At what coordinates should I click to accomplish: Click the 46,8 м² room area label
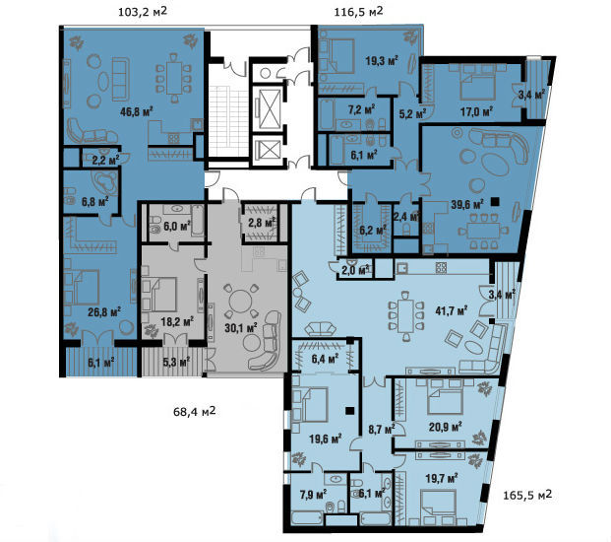tap(136, 112)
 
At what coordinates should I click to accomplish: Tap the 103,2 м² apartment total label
tap(143, 12)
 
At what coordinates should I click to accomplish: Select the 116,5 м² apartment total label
tap(358, 12)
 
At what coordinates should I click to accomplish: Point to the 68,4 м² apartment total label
tap(195, 411)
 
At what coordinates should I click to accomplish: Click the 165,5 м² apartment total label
tap(527, 495)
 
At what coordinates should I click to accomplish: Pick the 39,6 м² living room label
tap(466, 204)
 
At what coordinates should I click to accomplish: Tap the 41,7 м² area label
tap(452, 311)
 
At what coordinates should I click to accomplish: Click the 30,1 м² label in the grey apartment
tap(241, 327)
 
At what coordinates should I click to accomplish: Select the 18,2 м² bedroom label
tap(177, 322)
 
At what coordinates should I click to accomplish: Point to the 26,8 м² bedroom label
tap(103, 311)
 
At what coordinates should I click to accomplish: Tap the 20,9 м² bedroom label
tap(446, 427)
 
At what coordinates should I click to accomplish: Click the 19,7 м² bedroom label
tap(442, 478)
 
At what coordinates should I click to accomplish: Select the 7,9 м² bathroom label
tap(313, 495)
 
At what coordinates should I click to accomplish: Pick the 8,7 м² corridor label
tap(382, 430)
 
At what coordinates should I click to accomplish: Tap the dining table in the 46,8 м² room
tap(174, 78)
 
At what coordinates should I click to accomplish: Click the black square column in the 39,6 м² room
tap(495, 202)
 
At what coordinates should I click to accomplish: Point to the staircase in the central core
tap(228, 121)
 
